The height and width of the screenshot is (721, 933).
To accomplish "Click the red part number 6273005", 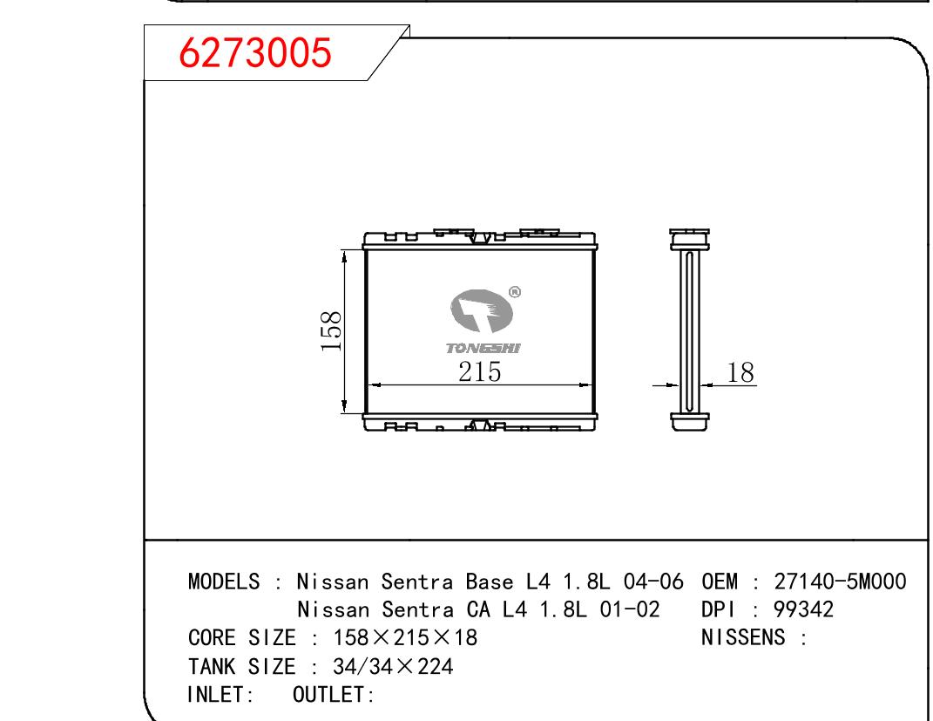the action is pos(254,52).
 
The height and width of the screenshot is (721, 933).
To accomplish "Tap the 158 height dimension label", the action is pos(331,331).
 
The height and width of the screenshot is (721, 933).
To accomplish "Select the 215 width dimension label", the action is pos(480,371).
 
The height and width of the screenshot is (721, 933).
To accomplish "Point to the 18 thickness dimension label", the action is pos(740,372).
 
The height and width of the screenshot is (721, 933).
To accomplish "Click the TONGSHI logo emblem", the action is pos(481,310).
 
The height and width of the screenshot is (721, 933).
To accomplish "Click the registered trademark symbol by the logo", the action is pos(515,292).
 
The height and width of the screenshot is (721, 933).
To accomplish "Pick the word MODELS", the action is pos(224,582).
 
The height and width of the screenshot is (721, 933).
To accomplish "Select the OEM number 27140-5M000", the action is pos(840,582).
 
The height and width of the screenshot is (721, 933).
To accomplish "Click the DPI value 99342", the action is pos(803,609).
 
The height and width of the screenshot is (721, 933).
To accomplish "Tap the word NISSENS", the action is pos(743,637).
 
